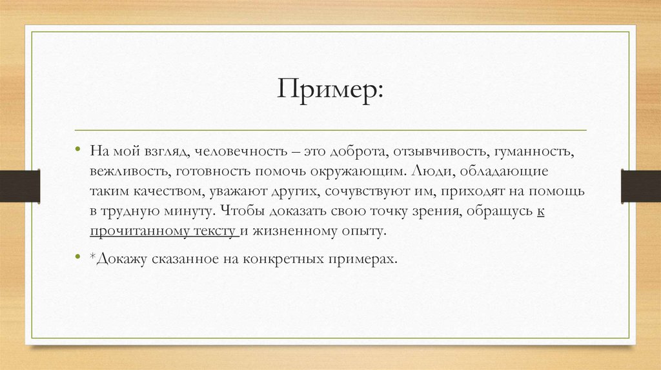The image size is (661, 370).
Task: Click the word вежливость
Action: [128, 173]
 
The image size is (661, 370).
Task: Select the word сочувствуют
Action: [363, 192]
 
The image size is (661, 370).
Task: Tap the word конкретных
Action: [276, 258]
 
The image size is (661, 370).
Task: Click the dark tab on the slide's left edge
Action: [20, 186]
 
